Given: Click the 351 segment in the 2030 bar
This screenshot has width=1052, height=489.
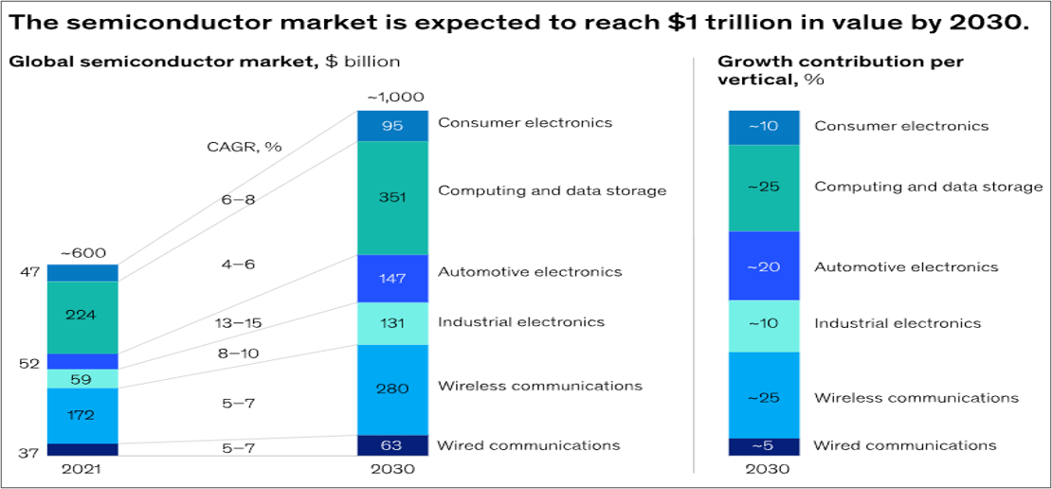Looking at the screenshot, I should point(391,197).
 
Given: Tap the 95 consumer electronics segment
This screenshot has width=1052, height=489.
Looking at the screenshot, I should point(391,126).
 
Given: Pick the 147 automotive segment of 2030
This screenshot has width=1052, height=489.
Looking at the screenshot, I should point(391,278).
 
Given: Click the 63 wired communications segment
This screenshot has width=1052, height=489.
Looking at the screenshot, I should point(391,445).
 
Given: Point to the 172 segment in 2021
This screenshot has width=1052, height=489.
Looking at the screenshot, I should point(82,415).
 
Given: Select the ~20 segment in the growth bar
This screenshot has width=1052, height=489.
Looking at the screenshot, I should point(763,266).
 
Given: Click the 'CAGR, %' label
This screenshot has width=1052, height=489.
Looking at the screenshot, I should point(244,147).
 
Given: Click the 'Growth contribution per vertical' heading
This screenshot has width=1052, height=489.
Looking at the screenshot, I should point(840,70).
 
